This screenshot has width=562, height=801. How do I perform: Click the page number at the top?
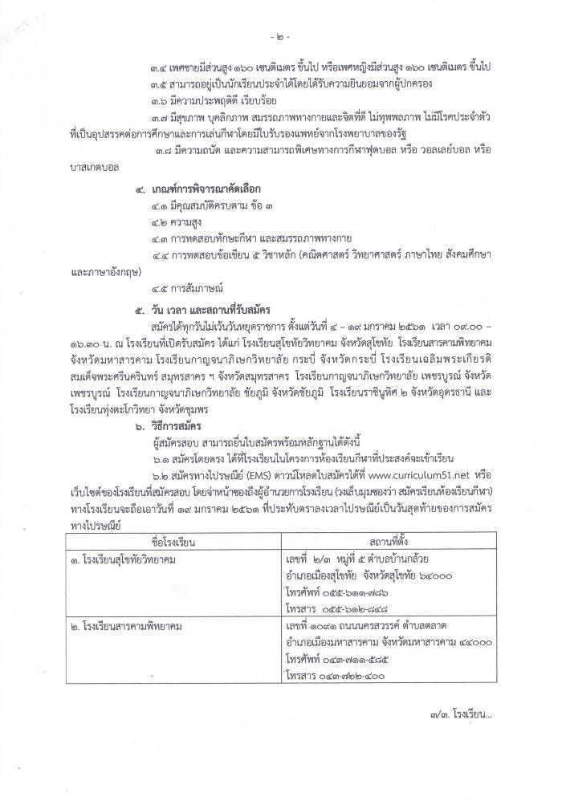tap(280, 37)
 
